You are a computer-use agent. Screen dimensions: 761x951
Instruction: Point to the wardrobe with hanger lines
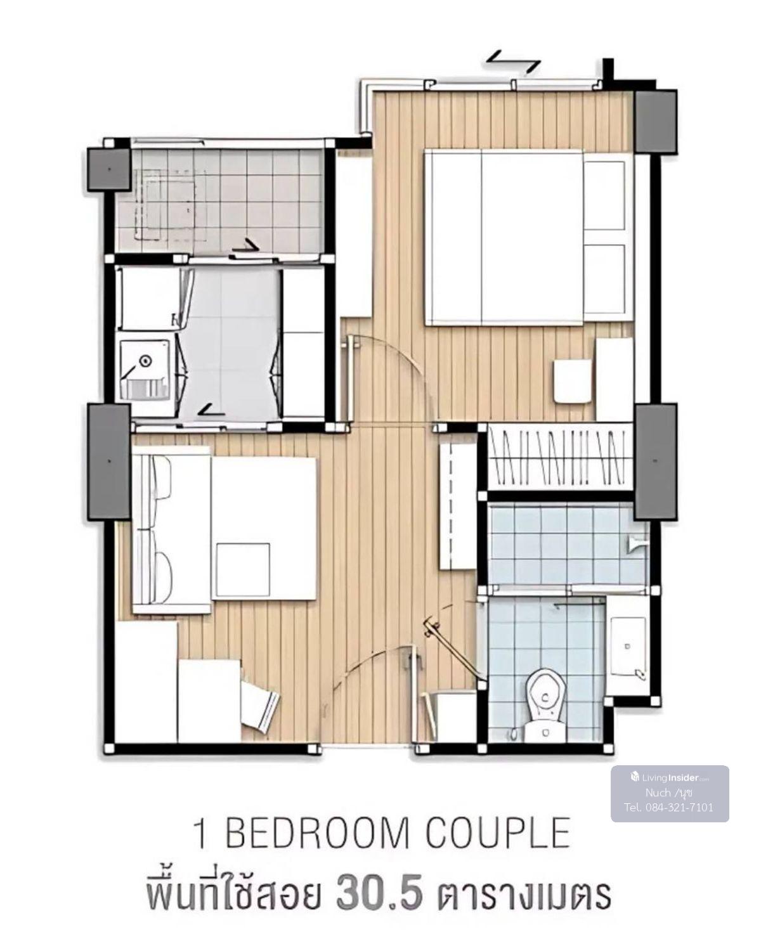click(x=560, y=456)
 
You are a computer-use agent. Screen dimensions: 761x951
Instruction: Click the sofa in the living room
click(x=171, y=529)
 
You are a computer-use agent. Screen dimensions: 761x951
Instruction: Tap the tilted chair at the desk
click(x=260, y=706)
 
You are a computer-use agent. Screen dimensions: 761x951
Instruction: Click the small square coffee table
click(x=243, y=570)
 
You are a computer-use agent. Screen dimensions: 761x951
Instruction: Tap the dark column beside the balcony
click(x=109, y=170)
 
